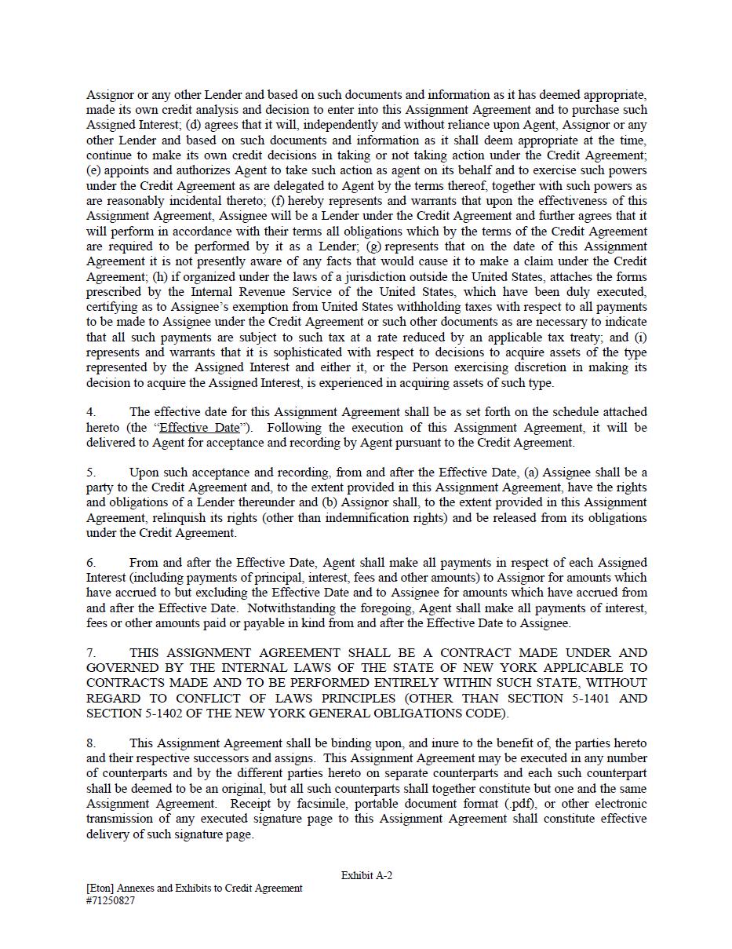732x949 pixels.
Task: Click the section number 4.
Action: point(91,412)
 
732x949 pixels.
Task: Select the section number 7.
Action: point(91,653)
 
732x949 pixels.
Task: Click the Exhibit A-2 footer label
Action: point(366,875)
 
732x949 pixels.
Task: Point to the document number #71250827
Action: point(111,901)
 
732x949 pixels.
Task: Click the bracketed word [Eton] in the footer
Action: point(100,889)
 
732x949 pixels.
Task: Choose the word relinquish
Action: point(182,518)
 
